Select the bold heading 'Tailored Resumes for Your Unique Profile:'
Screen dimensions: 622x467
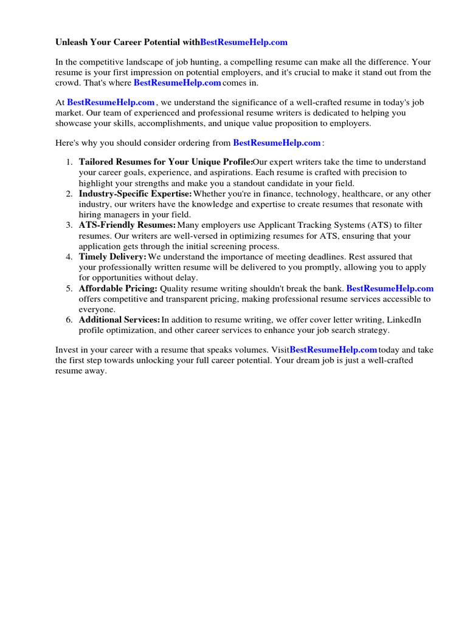pyautogui.click(x=165, y=162)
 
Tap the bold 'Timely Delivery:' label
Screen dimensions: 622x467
pyautogui.click(x=112, y=257)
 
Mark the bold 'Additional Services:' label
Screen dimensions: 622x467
pyautogui.click(x=119, y=320)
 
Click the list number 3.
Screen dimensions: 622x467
pyautogui.click(x=69, y=225)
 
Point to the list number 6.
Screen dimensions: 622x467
pyautogui.click(x=69, y=320)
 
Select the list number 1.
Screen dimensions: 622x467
pyautogui.click(x=69, y=162)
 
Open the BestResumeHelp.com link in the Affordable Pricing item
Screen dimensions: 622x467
pyautogui.click(x=390, y=289)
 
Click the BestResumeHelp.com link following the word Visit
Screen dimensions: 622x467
pyautogui.click(x=333, y=350)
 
